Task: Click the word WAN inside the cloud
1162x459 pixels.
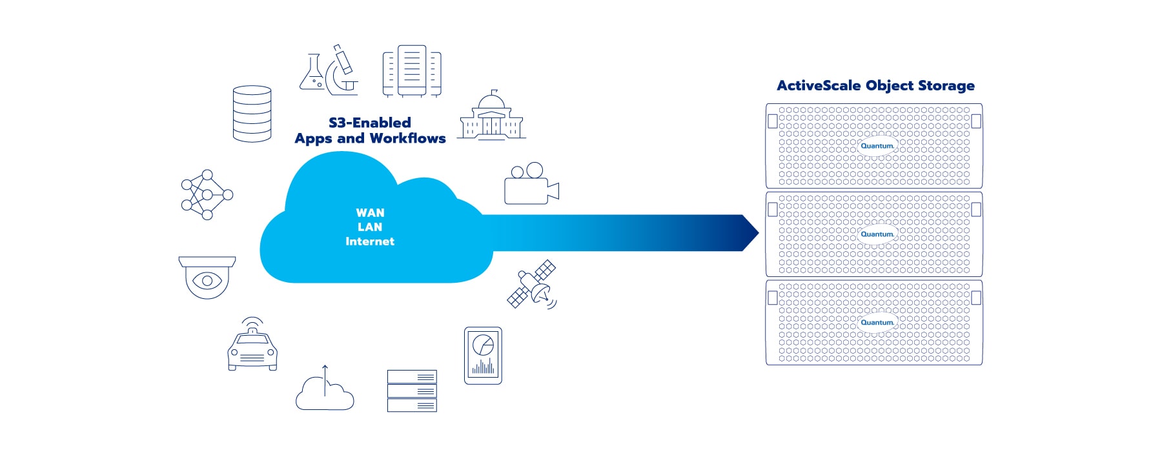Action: click(x=370, y=213)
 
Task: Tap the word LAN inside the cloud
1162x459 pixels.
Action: click(x=370, y=227)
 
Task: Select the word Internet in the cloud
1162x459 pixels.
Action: click(x=370, y=241)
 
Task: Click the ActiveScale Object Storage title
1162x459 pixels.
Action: click(x=875, y=86)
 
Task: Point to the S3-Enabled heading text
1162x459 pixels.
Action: click(x=370, y=123)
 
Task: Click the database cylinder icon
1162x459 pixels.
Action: click(x=252, y=114)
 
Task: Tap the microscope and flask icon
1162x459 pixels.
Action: click(x=329, y=71)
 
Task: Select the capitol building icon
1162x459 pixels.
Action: click(x=492, y=116)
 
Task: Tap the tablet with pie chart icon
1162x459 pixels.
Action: click(x=483, y=356)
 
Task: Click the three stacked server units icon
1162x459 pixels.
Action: click(x=412, y=391)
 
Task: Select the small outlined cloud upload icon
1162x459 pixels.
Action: click(x=325, y=391)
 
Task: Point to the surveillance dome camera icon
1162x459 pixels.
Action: click(x=207, y=277)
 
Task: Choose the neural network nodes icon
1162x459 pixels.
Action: click(x=207, y=195)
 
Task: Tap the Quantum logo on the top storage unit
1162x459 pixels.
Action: click(x=877, y=146)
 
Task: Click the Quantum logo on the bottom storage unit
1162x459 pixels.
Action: click(x=877, y=322)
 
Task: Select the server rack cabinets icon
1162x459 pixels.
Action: click(x=412, y=71)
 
